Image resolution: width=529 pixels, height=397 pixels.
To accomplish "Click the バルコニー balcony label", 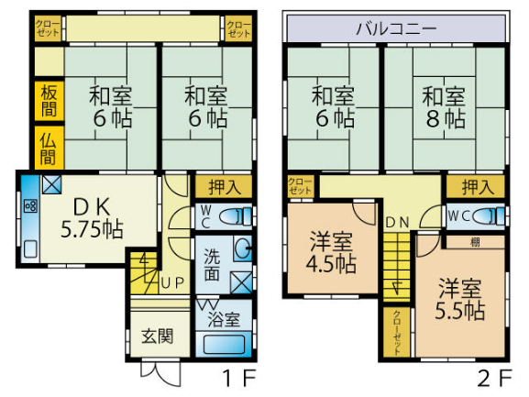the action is [396, 28].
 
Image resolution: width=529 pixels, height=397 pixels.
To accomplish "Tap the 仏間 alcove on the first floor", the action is [50, 148].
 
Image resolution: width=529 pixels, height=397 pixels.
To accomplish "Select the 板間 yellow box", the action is [50, 101].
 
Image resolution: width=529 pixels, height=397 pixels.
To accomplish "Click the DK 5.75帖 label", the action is [92, 218].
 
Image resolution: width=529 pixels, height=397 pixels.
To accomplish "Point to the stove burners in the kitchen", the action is [30, 205].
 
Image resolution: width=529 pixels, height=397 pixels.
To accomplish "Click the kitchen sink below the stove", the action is [30, 249].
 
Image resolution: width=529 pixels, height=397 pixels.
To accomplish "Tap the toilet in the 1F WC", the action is [235, 216].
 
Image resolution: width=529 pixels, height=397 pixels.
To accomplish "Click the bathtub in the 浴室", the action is [224, 345].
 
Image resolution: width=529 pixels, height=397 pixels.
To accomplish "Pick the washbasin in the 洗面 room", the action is [243, 248].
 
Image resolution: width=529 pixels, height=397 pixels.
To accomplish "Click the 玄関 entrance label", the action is [157, 336].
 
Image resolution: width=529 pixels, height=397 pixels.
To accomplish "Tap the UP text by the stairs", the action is [172, 283].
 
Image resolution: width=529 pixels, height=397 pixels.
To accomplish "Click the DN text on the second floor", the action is [397, 222].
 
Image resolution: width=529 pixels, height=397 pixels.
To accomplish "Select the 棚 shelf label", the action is [475, 242].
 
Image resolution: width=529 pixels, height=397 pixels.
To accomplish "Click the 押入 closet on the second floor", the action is [476, 186].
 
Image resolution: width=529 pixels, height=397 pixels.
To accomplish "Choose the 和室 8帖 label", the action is [444, 107].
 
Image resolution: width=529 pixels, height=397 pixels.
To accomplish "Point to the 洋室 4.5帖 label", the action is [331, 252].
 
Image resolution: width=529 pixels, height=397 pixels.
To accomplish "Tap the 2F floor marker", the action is [494, 378].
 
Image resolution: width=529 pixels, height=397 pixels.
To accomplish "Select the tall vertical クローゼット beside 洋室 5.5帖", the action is [397, 332].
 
